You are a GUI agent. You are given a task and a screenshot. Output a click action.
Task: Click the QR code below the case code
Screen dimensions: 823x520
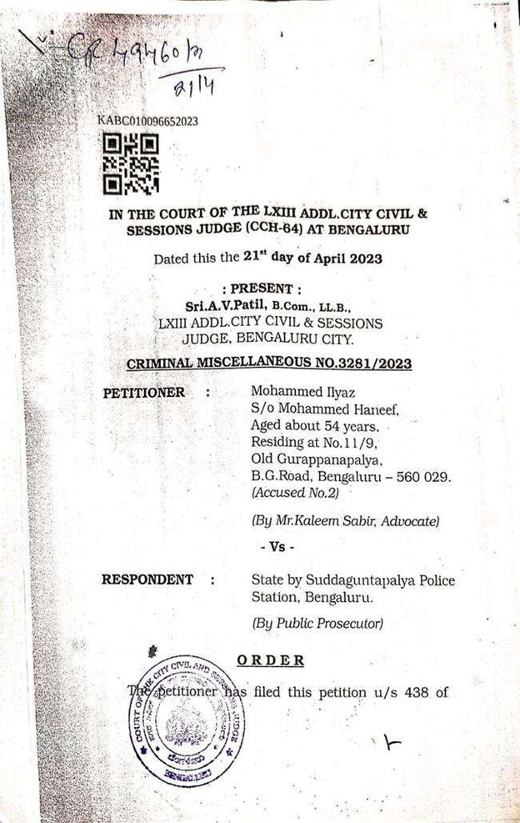pos(131,164)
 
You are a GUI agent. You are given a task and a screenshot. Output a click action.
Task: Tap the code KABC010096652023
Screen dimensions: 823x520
pos(147,122)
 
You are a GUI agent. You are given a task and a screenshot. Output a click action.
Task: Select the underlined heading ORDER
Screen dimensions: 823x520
pos(270,660)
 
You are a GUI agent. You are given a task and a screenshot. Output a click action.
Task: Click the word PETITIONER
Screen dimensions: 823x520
pos(144,393)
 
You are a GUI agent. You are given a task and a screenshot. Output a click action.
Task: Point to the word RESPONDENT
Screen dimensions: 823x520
pos(147,580)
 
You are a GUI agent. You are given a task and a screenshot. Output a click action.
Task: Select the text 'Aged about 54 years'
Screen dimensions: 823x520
pos(310,426)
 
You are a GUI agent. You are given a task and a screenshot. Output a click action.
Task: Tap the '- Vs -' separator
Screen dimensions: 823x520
pos(277,548)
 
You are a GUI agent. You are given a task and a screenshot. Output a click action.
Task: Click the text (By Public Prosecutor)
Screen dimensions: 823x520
pos(317,623)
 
